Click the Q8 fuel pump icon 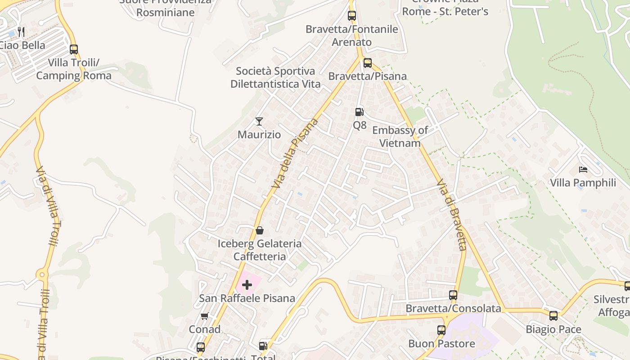pyautogui.click(x=359, y=112)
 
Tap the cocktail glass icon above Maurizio pyautogui.click(x=259, y=121)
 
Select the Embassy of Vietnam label pyautogui.click(x=400, y=137)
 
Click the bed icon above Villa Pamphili pyautogui.click(x=583, y=170)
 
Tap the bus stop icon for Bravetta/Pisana pyautogui.click(x=368, y=63)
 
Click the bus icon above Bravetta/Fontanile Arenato pyautogui.click(x=352, y=16)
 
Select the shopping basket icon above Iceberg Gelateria pyautogui.click(x=260, y=230)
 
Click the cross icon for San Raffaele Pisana pyautogui.click(x=247, y=284)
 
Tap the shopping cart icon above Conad pyautogui.click(x=204, y=316)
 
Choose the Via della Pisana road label pyautogui.click(x=295, y=153)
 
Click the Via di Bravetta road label pyautogui.click(x=451, y=215)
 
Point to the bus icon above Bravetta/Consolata pyautogui.click(x=453, y=295)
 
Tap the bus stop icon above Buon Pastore pyautogui.click(x=441, y=330)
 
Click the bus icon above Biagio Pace pyautogui.click(x=553, y=316)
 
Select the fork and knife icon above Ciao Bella pyautogui.click(x=21, y=31)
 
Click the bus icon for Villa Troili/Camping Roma pyautogui.click(x=74, y=49)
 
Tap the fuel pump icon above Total pyautogui.click(x=263, y=346)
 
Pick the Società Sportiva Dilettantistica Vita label pyautogui.click(x=275, y=77)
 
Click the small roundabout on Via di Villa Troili pyautogui.click(x=42, y=274)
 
